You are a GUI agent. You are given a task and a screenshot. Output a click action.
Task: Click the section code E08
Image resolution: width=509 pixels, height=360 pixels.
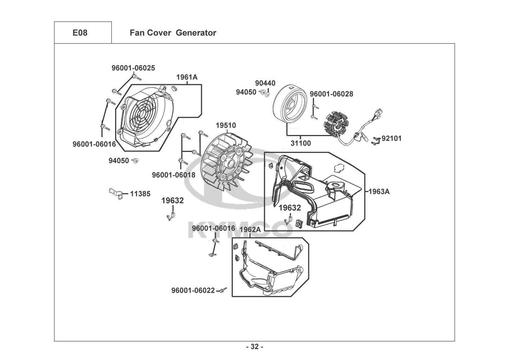click(x=80, y=33)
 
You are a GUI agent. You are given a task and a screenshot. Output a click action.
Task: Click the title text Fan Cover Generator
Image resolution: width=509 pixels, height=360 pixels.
click(x=173, y=33)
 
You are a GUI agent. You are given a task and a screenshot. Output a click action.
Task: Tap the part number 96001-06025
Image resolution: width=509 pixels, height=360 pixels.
click(x=133, y=68)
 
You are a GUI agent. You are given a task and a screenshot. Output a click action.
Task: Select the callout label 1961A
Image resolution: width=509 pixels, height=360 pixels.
click(x=187, y=77)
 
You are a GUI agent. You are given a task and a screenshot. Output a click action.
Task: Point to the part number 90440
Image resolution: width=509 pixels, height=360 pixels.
click(x=265, y=83)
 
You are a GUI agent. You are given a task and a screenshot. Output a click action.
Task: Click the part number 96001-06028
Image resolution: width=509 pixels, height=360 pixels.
click(x=332, y=94)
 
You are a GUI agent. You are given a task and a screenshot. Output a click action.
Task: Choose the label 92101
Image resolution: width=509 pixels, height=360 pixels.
click(x=391, y=138)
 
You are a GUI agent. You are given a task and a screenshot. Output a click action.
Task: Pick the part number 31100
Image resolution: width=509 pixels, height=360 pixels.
click(x=301, y=143)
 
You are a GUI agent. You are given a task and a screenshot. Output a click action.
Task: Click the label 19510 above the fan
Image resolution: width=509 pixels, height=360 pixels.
click(x=226, y=125)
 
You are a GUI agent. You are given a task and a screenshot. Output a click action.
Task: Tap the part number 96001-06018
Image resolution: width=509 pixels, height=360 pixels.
click(x=174, y=175)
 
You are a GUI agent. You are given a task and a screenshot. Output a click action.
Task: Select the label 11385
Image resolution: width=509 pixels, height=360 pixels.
click(x=140, y=194)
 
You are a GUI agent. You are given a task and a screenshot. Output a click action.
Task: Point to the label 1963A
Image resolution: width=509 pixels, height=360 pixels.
click(x=379, y=192)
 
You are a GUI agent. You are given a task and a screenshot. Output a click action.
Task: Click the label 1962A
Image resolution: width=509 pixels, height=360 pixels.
click(x=250, y=230)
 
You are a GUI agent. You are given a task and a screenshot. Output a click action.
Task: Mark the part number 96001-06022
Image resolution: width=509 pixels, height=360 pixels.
click(x=193, y=291)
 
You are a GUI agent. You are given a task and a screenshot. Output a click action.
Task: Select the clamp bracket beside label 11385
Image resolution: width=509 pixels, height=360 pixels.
click(x=116, y=194)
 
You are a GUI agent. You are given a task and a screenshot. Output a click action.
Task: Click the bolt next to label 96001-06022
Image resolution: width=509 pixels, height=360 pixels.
click(x=224, y=289)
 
